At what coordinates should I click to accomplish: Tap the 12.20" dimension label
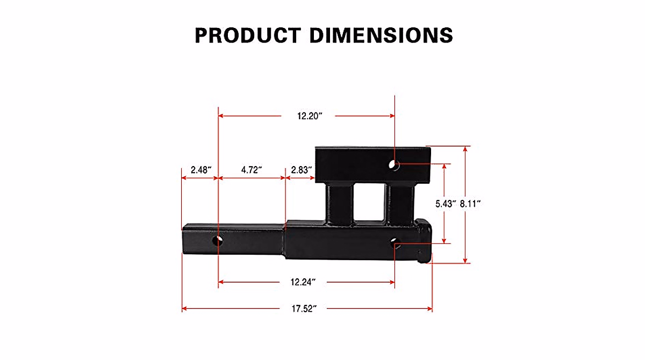coord(309,116)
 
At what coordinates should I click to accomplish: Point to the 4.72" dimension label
coord(251,170)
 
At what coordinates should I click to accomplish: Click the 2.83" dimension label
coord(302,170)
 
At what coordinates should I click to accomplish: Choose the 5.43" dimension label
coord(445,204)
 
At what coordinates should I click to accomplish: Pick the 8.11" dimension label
coord(470,204)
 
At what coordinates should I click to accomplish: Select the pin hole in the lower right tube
coord(395,243)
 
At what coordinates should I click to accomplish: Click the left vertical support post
coord(338,204)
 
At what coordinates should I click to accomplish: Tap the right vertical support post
coord(398,204)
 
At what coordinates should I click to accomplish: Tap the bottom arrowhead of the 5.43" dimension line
coord(445,241)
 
